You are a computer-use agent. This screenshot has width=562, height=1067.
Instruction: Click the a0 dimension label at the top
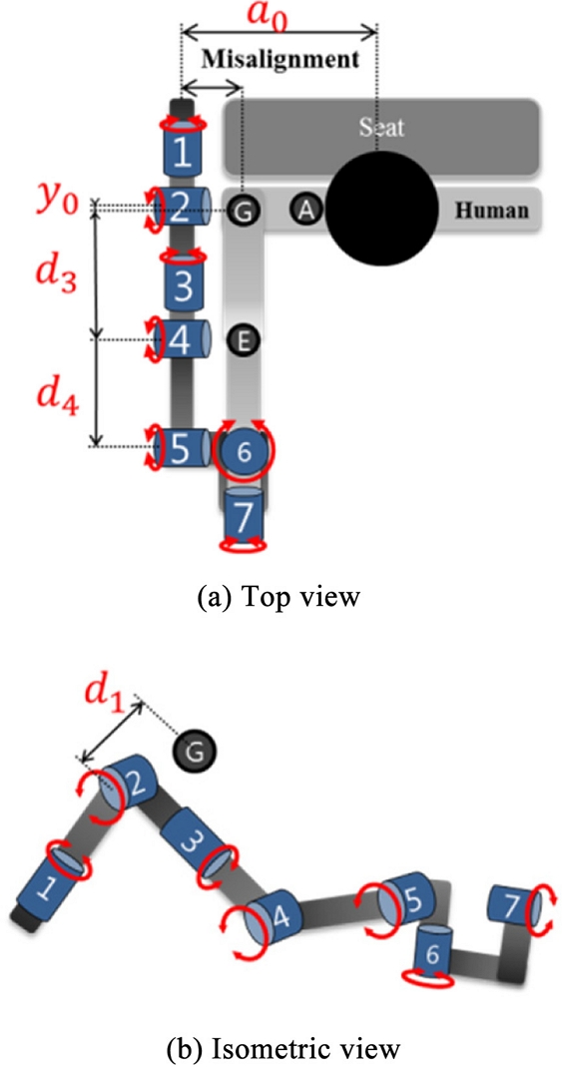coord(279,17)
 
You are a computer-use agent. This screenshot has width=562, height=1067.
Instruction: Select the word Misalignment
coord(279,59)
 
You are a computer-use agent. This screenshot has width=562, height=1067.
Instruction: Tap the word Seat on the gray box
coord(379,128)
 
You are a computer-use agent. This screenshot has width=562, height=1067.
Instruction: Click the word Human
coord(490,210)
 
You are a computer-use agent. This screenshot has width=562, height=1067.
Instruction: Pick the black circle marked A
coord(307,208)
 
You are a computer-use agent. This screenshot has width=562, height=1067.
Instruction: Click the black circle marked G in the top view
coord(242,210)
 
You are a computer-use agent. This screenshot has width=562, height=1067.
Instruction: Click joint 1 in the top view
coord(182,151)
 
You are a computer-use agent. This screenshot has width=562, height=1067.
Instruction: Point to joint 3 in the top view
coord(182,285)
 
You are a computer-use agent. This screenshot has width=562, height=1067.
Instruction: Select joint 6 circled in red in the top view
coord(241,450)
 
